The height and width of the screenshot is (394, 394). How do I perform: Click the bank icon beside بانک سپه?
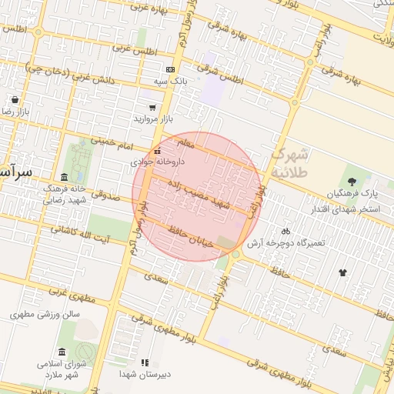tap(170, 69)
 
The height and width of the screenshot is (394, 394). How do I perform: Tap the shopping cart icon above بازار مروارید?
tap(152, 107)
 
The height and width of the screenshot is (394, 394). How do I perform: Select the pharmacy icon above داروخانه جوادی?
tap(158, 151)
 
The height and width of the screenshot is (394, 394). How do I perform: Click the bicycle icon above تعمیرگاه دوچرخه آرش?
tap(285, 231)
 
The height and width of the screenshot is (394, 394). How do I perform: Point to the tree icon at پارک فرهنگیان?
tap(352, 182)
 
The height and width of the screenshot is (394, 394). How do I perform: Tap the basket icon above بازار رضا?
tap(15, 99)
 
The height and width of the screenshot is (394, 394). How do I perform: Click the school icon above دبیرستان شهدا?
tap(144, 362)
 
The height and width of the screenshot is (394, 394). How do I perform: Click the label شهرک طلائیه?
tap(290, 162)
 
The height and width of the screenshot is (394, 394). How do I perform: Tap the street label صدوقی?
tap(107, 195)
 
